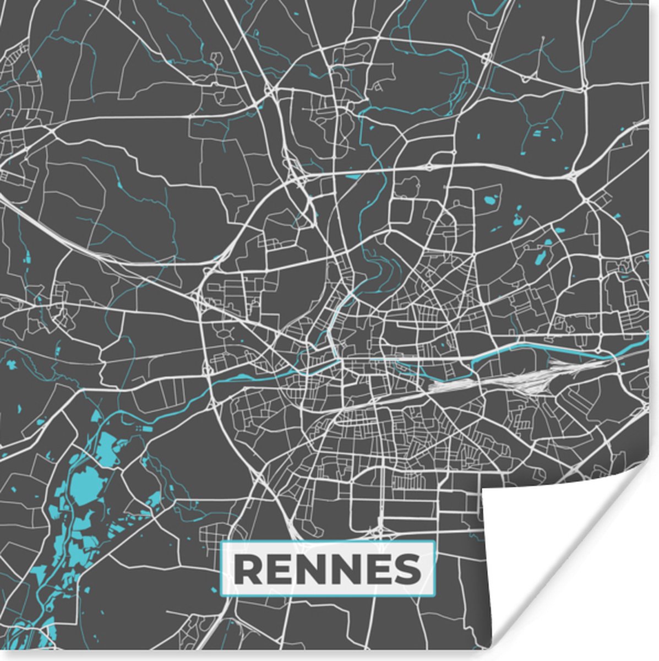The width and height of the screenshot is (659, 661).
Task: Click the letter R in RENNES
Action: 248,569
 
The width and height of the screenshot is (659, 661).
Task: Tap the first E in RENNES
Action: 280,569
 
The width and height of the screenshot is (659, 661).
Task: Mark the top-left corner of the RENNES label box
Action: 221,542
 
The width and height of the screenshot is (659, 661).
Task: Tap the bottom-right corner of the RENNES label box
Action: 434,596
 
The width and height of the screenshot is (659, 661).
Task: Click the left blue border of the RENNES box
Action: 221,569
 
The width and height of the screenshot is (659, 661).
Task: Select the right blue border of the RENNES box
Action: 434,569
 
